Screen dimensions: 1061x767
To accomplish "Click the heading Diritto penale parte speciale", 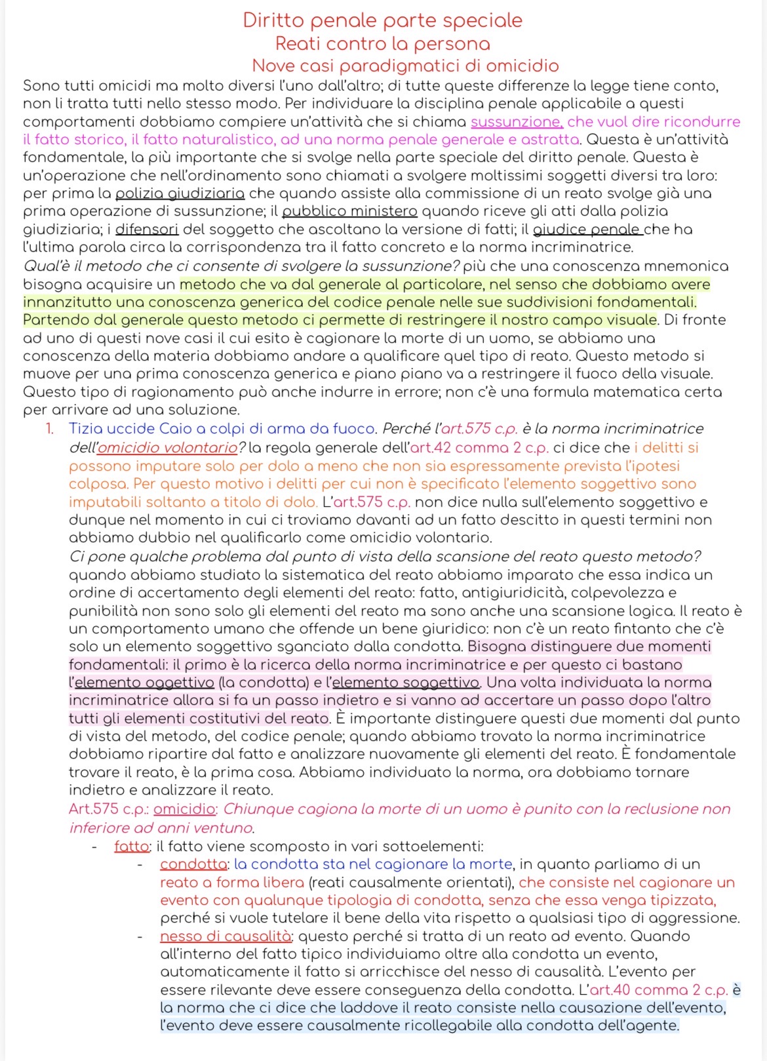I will (x=382, y=20).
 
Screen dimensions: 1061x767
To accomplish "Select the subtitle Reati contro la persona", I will (x=382, y=44).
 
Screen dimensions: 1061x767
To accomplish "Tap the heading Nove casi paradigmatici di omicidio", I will (x=405, y=66).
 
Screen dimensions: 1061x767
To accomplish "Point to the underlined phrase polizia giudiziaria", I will (x=180, y=193).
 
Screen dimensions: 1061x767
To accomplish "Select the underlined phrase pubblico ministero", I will (x=349, y=211).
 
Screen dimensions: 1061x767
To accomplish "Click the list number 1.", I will (x=50, y=429).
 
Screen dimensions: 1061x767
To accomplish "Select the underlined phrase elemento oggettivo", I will (x=144, y=683).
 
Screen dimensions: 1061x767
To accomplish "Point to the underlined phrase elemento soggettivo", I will (x=406, y=683).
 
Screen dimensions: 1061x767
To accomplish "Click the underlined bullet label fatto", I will (x=132, y=847).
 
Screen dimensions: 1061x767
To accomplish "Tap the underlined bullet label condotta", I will (x=193, y=864).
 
